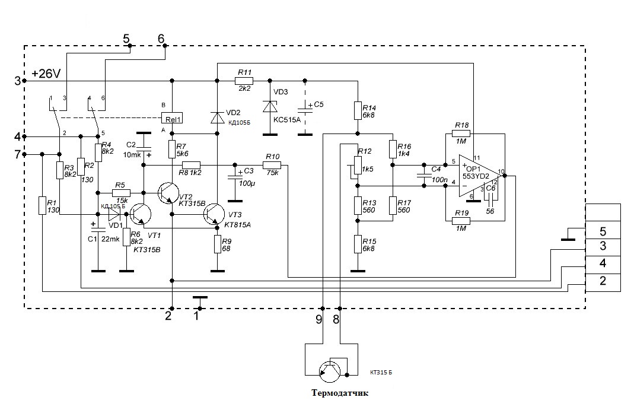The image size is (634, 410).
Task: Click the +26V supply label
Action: tap(46, 74)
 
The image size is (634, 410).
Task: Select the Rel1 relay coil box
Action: tap(172, 118)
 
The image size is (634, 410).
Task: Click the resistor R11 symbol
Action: tap(244, 81)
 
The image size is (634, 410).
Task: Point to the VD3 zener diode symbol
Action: tap(269, 106)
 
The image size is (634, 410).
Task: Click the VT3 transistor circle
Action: tap(214, 214)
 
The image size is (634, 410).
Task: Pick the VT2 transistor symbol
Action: tap(168, 193)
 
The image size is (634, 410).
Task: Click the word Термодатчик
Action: tap(340, 393)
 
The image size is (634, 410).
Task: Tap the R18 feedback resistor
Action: tap(461, 134)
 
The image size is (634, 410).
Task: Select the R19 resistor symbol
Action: tap(461, 221)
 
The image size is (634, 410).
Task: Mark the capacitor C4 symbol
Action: tap(423, 176)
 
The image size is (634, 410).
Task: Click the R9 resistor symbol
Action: tap(217, 244)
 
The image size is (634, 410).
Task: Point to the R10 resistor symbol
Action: tap(272, 165)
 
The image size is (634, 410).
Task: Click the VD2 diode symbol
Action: tap(217, 117)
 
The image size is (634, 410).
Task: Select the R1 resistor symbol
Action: tap(42, 205)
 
